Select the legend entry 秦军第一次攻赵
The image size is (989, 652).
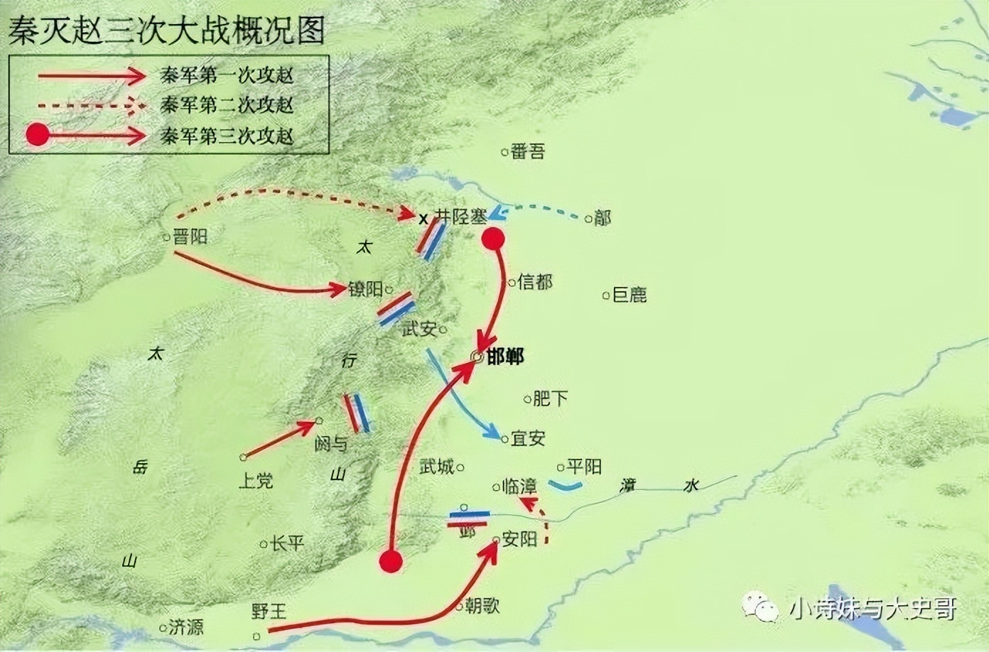(227, 75)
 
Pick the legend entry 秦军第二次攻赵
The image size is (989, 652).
(227, 105)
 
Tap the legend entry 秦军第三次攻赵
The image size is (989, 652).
(227, 135)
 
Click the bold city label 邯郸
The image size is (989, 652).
(505, 357)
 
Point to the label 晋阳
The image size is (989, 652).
(190, 237)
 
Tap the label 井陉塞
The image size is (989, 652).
(461, 217)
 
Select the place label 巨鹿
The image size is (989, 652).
(629, 294)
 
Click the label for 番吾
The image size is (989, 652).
(528, 151)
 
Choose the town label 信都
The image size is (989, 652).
(535, 282)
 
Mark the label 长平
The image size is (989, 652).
(286, 543)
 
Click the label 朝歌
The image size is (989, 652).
(482, 605)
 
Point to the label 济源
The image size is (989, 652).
(186, 626)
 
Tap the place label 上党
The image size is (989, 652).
(256, 481)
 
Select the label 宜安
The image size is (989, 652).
(528, 439)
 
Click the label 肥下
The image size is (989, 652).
(550, 398)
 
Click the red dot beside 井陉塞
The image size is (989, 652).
(493, 239)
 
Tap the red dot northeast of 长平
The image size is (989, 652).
(390, 561)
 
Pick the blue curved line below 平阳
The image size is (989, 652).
(566, 487)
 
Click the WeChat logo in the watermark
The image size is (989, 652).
(761, 606)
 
